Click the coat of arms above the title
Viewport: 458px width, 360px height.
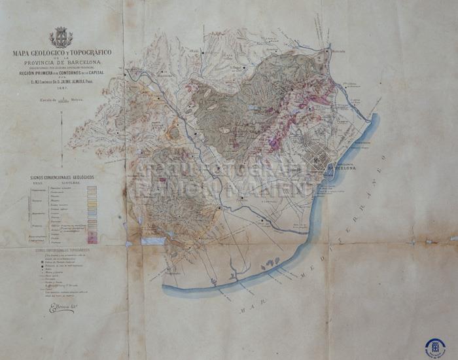62,37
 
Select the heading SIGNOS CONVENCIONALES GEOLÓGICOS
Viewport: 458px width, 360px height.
62,177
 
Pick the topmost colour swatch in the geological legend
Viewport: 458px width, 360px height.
92,189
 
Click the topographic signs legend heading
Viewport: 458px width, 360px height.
63,249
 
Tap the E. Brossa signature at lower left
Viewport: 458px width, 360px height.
62,308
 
